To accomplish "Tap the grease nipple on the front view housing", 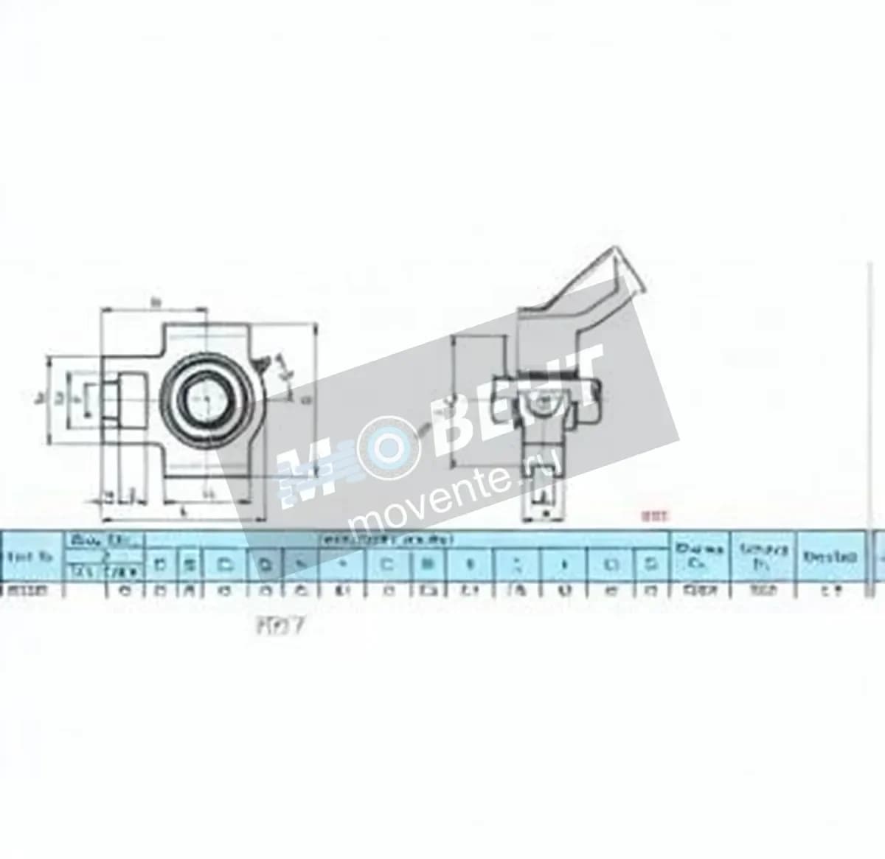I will tap(263, 364).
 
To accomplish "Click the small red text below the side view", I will tap(654, 517).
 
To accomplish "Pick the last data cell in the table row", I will tap(830, 589).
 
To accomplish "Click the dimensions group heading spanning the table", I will tap(406, 539).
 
